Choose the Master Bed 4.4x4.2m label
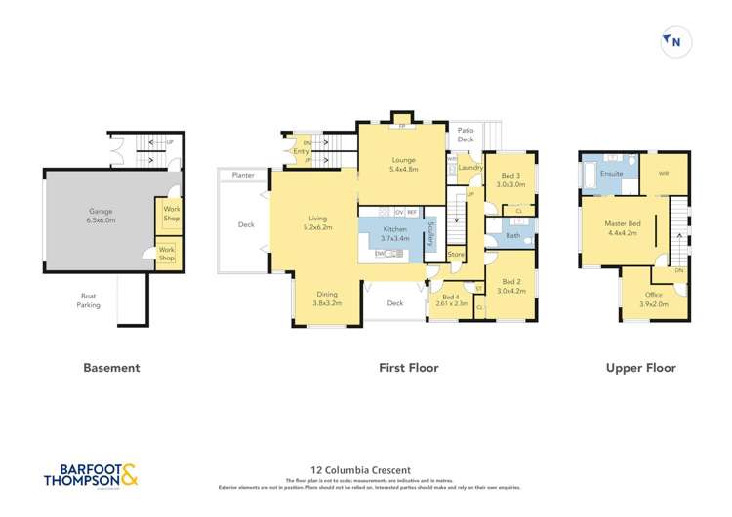click(x=623, y=229)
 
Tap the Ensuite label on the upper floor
click(x=612, y=174)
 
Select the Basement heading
click(x=111, y=368)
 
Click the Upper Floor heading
click(x=640, y=368)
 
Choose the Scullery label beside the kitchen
click(x=430, y=234)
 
